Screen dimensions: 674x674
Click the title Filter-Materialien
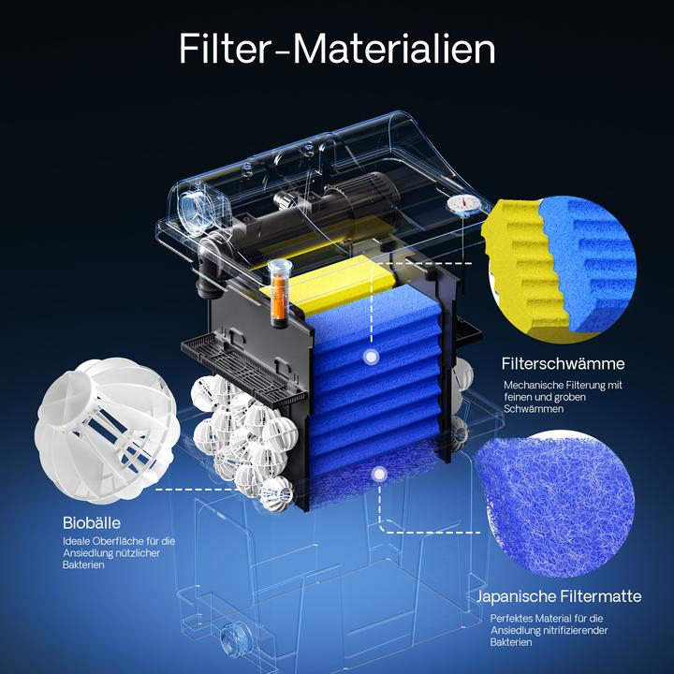coord(337,49)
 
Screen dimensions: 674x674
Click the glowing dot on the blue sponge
coord(372,357)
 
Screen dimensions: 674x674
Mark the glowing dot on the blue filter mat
coord(378,475)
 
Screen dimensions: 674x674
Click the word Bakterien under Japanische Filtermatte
coord(513,642)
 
